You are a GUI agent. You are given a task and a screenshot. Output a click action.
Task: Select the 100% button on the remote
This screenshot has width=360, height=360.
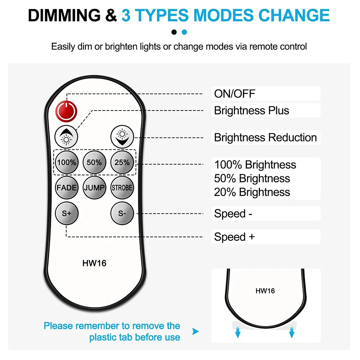click(x=66, y=162)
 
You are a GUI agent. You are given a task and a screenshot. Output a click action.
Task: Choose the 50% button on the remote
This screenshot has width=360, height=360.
click(x=94, y=162)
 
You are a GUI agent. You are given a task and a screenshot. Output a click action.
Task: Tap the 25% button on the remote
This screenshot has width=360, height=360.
click(x=122, y=162)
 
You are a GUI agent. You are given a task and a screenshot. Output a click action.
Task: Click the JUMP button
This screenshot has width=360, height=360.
click(x=94, y=188)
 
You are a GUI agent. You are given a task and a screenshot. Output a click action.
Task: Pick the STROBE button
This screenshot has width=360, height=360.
click(x=122, y=188)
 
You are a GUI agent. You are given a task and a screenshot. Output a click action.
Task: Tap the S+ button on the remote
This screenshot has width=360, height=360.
click(x=66, y=213)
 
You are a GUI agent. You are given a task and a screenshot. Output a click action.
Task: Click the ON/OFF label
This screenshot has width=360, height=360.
click(x=234, y=94)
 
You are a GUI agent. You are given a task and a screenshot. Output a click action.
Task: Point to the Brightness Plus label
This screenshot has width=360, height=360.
click(x=251, y=111)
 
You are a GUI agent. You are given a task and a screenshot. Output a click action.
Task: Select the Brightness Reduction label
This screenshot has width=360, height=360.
click(x=265, y=138)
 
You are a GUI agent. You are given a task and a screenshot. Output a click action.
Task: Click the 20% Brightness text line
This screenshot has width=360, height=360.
click(x=252, y=192)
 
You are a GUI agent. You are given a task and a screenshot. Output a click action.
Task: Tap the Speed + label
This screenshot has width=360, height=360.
click(x=234, y=237)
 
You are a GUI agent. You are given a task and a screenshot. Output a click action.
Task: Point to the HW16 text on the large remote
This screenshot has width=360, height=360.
click(x=94, y=263)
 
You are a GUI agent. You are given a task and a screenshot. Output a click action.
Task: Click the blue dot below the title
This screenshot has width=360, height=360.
click(x=184, y=32)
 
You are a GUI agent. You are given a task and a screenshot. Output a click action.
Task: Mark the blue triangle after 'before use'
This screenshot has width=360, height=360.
click(x=195, y=331)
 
